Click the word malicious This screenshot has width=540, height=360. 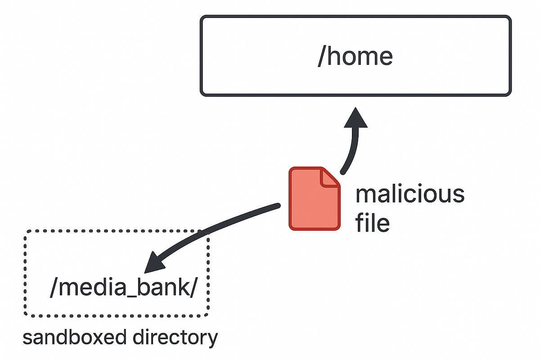click(409, 194)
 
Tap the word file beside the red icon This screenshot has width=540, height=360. click(372, 223)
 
